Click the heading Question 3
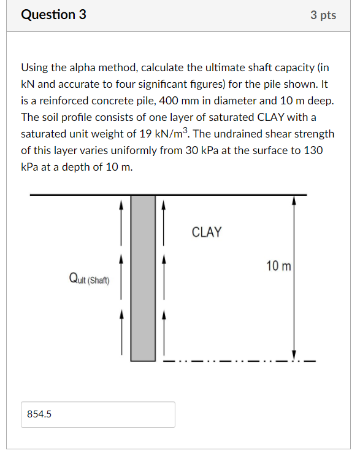(x=53, y=15)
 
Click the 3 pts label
(x=323, y=15)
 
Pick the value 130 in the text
(x=313, y=150)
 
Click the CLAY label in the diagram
(x=207, y=232)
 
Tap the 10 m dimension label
(x=279, y=266)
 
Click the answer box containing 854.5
(x=98, y=414)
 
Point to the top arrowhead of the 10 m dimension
(x=294, y=199)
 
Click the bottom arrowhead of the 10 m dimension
(x=294, y=355)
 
